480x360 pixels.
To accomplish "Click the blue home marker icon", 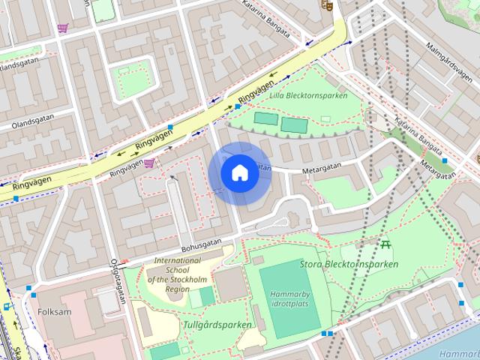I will coord(239,172).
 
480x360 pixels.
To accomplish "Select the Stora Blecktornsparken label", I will coord(349,264).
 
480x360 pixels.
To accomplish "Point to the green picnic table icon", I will coord(385,244).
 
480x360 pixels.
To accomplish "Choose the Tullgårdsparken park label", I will coord(217,325).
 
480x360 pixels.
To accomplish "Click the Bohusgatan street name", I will coord(202,245).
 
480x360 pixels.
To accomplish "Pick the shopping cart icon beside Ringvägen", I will coord(149,163).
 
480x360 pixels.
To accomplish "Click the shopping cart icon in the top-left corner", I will coord(61,28).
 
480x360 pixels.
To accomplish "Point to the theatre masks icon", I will coord(326,5).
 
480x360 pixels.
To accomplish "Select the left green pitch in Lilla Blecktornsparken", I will coord(265,118).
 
